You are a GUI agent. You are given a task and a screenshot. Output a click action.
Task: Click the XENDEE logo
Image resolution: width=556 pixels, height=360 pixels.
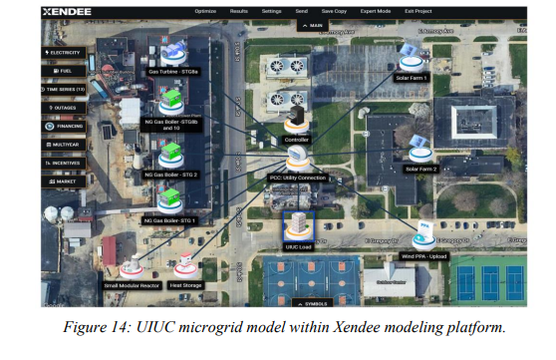click(67, 12)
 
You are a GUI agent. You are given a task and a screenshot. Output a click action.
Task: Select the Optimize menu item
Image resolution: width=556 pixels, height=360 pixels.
click(206, 11)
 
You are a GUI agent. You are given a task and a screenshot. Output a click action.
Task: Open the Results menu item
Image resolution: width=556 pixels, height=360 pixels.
click(239, 11)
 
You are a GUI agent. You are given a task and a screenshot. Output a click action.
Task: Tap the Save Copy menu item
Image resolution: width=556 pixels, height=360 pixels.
click(334, 11)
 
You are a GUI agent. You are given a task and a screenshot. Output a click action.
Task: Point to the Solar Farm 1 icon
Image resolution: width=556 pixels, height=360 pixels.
click(412, 57)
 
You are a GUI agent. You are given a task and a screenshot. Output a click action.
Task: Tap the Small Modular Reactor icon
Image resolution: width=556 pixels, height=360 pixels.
click(131, 266)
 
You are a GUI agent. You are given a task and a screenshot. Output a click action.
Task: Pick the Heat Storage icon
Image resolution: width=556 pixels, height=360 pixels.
click(184, 266)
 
